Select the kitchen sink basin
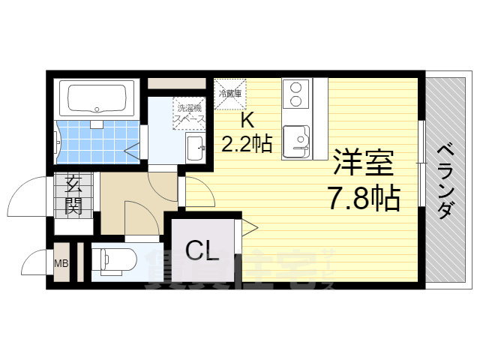point(300,139)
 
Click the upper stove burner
point(295,86)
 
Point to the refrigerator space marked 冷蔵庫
point(229,93)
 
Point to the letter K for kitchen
point(246,120)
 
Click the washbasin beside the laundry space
point(194,145)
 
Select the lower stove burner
point(295,100)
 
